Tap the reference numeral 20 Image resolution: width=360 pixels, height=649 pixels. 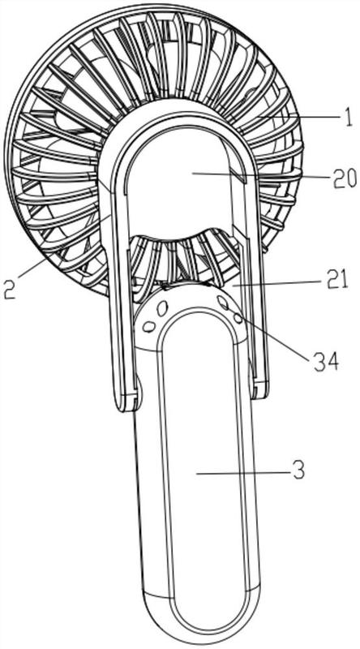point(344,179)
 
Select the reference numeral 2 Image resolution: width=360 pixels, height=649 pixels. point(9,289)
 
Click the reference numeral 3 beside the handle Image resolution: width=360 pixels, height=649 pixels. point(298,471)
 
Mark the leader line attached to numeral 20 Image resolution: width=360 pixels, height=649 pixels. point(261,175)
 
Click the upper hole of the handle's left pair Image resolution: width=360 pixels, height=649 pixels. point(162,307)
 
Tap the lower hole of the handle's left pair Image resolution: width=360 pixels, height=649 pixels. point(148,326)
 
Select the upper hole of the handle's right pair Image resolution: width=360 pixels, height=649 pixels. point(223,303)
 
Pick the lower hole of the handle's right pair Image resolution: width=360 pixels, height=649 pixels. point(238,318)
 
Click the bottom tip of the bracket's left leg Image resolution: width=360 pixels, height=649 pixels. point(126,409)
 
